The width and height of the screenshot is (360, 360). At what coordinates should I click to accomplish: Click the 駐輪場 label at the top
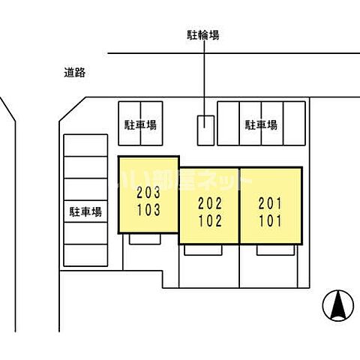(x=203, y=34)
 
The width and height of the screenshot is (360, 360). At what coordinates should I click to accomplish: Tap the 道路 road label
(x=74, y=73)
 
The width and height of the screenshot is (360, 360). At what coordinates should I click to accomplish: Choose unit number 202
(x=208, y=203)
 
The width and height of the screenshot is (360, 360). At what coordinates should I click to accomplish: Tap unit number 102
(x=208, y=221)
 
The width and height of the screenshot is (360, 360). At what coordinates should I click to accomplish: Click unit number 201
(x=270, y=203)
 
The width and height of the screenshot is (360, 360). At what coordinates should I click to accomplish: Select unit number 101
(x=270, y=221)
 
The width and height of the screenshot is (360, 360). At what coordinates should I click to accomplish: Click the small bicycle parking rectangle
(x=205, y=130)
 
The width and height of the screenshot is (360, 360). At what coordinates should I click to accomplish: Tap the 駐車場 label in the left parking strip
(x=86, y=211)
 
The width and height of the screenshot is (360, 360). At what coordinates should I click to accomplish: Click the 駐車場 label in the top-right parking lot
(x=261, y=124)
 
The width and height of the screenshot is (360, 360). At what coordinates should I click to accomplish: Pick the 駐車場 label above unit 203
(x=140, y=124)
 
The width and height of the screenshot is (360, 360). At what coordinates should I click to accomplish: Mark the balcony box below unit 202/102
(x=202, y=250)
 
